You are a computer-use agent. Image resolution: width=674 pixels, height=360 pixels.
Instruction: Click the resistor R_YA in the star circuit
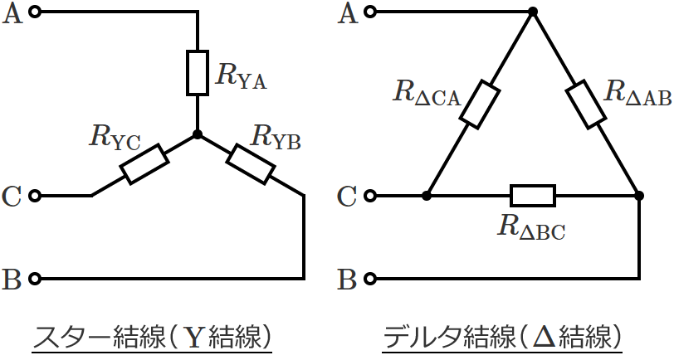(197, 73)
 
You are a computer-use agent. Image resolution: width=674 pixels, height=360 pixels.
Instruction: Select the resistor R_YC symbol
(144, 164)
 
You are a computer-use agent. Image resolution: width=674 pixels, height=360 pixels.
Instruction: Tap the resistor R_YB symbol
(251, 164)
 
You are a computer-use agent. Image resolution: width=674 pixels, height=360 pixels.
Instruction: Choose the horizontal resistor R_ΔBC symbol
(532, 196)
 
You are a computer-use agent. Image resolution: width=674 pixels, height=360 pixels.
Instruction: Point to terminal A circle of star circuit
(35, 12)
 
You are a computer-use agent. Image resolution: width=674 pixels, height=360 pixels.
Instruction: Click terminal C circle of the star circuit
(35, 196)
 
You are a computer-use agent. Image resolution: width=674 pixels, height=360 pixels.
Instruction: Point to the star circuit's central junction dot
(197, 134)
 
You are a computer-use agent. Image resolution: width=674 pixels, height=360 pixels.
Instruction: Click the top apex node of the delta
(532, 12)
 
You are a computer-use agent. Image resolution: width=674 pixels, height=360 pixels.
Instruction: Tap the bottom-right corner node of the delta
(638, 196)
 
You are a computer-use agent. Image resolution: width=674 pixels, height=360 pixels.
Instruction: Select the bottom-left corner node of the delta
(427, 196)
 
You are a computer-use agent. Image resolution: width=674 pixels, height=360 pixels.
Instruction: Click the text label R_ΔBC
(531, 227)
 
